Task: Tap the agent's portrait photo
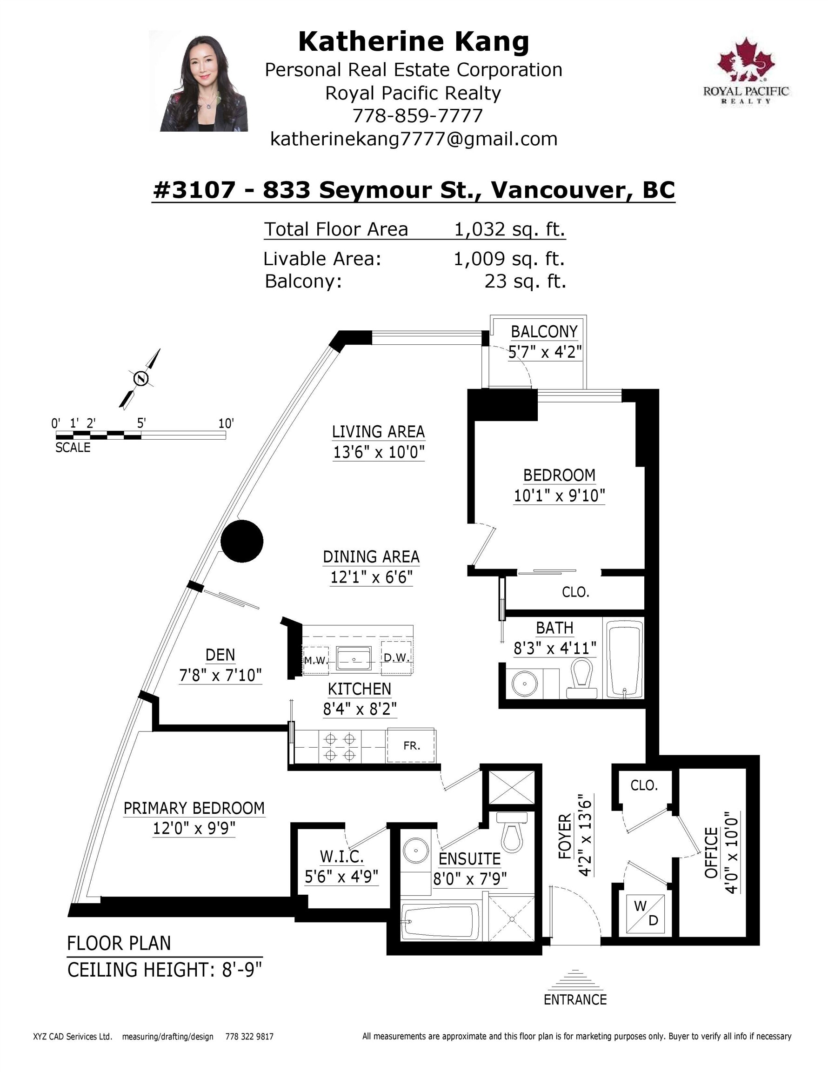[x=204, y=81]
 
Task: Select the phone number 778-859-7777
[x=418, y=116]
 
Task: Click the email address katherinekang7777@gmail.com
[x=414, y=139]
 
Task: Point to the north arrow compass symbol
[x=140, y=378]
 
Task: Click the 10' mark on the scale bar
[x=226, y=423]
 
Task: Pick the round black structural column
[x=242, y=542]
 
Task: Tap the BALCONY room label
[x=544, y=332]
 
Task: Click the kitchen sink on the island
[x=354, y=658]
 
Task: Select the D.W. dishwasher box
[x=398, y=658]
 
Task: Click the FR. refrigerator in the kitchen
[x=411, y=745]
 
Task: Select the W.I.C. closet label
[x=341, y=857]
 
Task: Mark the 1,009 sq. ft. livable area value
[x=509, y=259]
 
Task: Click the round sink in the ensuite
[x=416, y=851]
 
